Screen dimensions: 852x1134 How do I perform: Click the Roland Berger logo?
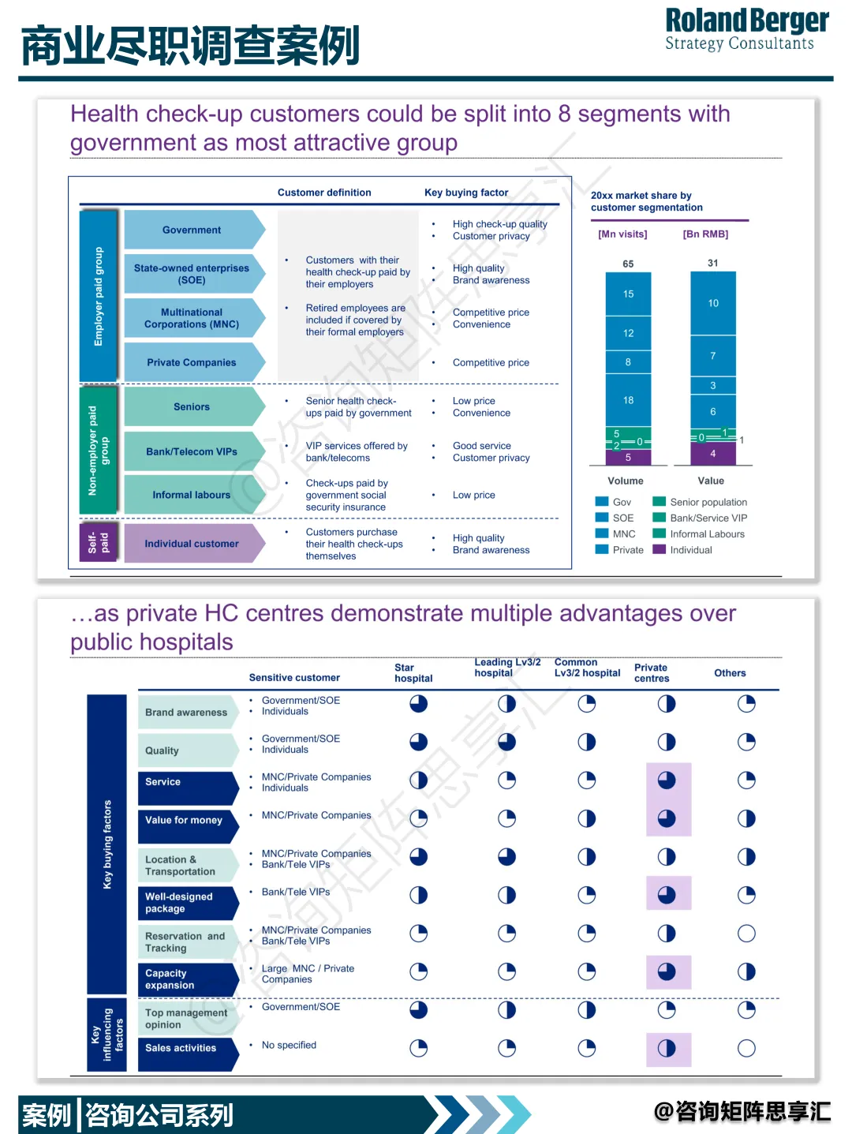pyautogui.click(x=746, y=30)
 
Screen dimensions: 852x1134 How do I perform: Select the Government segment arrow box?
pyautogui.click(x=192, y=230)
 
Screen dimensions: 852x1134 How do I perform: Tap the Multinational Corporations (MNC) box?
pyautogui.click(x=192, y=318)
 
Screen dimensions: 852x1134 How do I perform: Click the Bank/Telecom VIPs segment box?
pyautogui.click(x=192, y=451)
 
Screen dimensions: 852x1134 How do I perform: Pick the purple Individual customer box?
pyautogui.click(x=192, y=544)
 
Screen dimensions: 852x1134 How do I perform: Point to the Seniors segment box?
pyautogui.click(x=192, y=406)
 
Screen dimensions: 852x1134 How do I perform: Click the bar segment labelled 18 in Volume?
pyautogui.click(x=628, y=400)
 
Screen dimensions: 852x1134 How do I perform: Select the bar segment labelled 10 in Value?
pyautogui.click(x=713, y=303)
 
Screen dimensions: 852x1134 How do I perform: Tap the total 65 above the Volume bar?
pyautogui.click(x=628, y=264)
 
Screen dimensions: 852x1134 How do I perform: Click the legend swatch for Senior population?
pyautogui.click(x=660, y=502)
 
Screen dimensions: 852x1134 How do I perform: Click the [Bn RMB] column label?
pyautogui.click(x=705, y=234)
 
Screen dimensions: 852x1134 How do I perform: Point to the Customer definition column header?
pyautogui.click(x=324, y=193)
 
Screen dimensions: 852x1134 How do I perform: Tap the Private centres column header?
pyautogui.click(x=652, y=673)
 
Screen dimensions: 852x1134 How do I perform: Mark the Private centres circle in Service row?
pyautogui.click(x=667, y=780)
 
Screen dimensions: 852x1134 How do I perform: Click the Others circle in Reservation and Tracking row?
pyautogui.click(x=746, y=934)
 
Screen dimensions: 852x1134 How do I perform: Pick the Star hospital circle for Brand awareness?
pyautogui.click(x=418, y=704)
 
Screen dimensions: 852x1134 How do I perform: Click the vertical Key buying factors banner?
pyautogui.click(x=107, y=844)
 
